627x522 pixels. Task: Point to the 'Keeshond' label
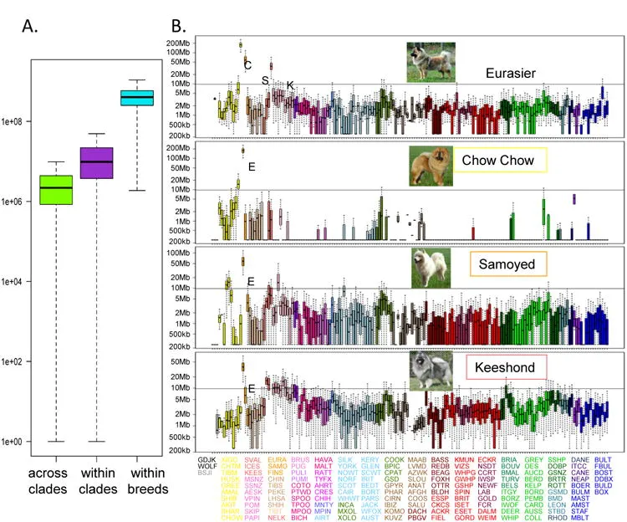click(511, 366)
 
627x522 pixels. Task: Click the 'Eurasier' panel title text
click(512, 73)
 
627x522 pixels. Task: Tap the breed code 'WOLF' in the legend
click(208, 466)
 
